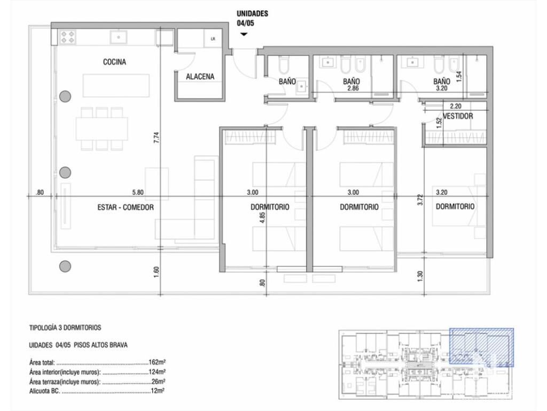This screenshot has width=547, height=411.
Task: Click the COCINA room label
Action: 114,62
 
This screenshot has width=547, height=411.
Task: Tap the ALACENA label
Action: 200,77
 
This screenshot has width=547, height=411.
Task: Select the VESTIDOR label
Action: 458,116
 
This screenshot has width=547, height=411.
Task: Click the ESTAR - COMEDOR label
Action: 126,207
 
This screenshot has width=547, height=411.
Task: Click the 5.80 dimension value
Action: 138,192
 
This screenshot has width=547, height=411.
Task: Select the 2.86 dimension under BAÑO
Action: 353,88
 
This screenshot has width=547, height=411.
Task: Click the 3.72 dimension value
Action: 420,200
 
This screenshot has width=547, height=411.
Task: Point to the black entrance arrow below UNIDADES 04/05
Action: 244,34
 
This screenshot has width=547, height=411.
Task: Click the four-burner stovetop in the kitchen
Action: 68,37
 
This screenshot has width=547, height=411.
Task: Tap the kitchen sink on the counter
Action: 119,37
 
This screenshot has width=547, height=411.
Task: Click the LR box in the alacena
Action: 213,39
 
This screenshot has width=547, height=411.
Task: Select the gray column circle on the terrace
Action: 65,267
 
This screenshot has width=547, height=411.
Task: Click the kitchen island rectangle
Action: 116,86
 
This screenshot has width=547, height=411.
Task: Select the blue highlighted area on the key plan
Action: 481,347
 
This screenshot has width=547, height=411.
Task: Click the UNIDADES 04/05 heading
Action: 252,18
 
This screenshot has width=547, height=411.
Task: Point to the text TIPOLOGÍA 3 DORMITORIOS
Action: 65,328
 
